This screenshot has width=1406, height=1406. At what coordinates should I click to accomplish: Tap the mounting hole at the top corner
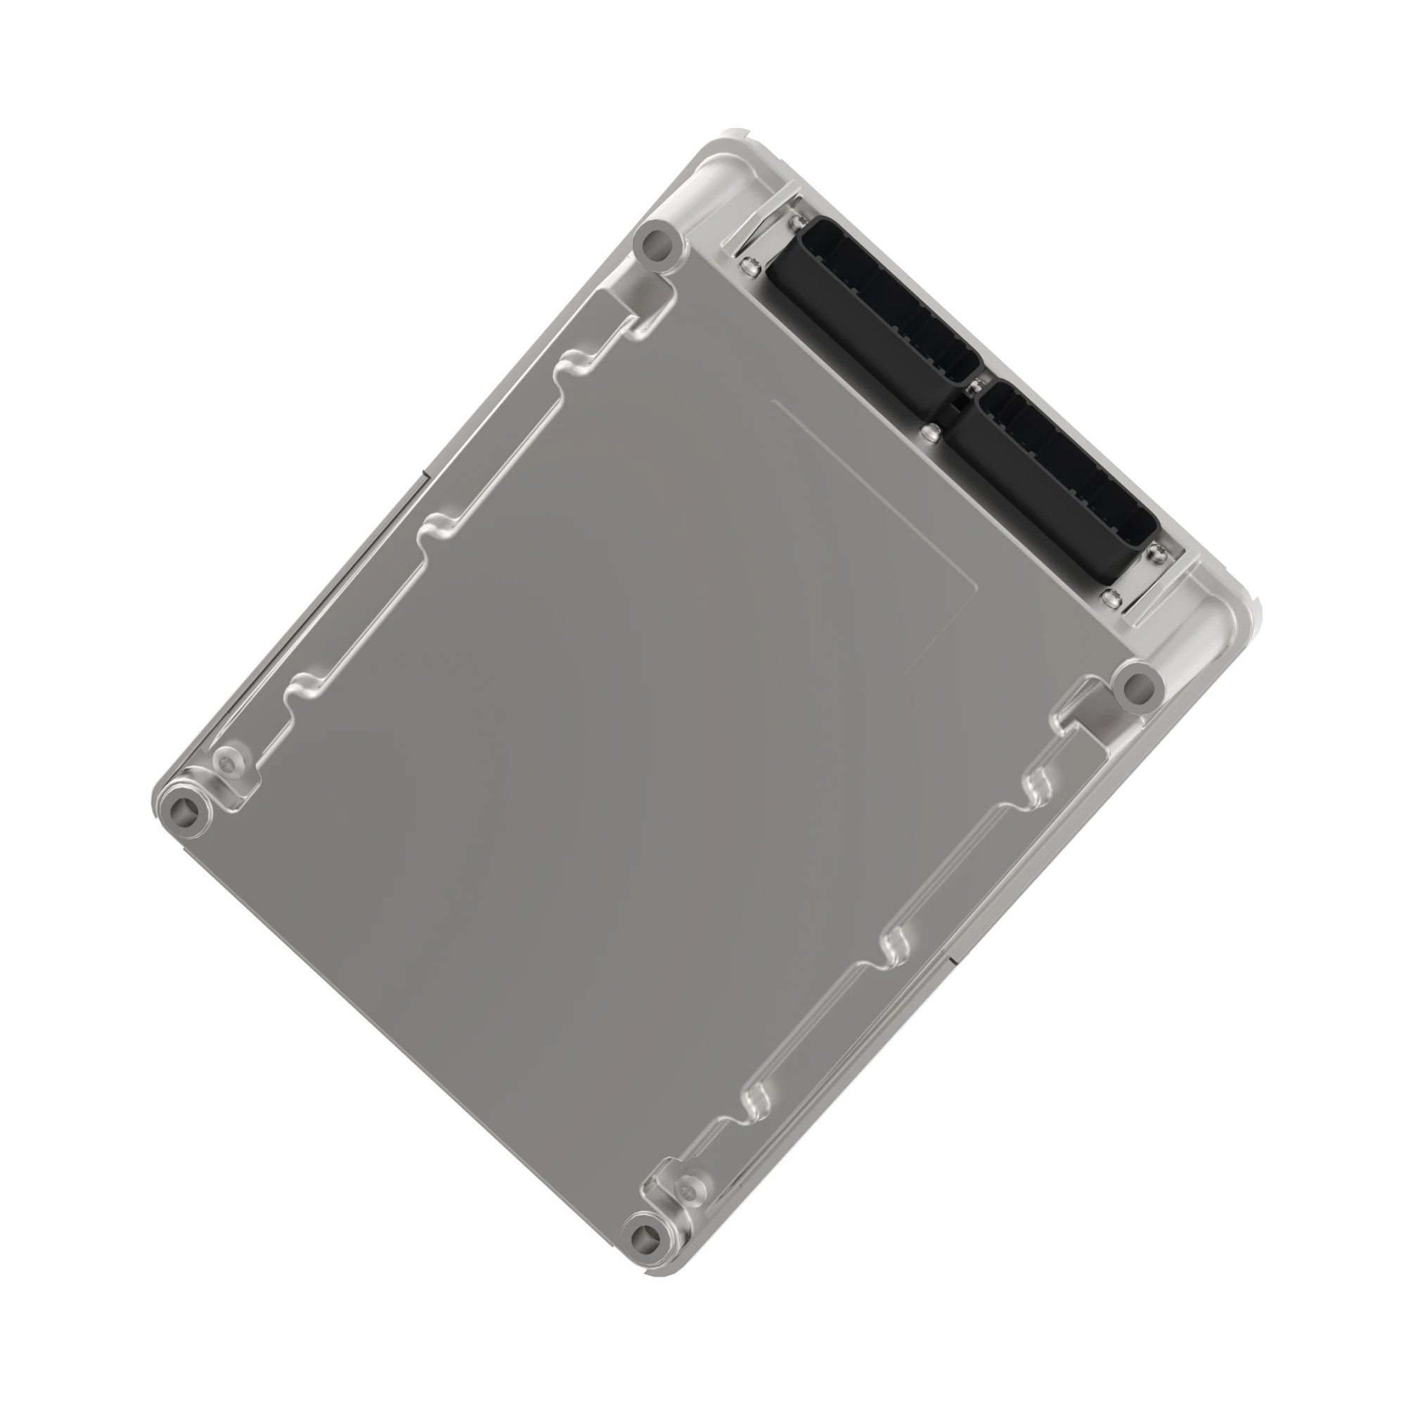pyautogui.click(x=660, y=247)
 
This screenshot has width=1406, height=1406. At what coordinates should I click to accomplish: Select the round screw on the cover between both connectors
pyautogui.click(x=928, y=434)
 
